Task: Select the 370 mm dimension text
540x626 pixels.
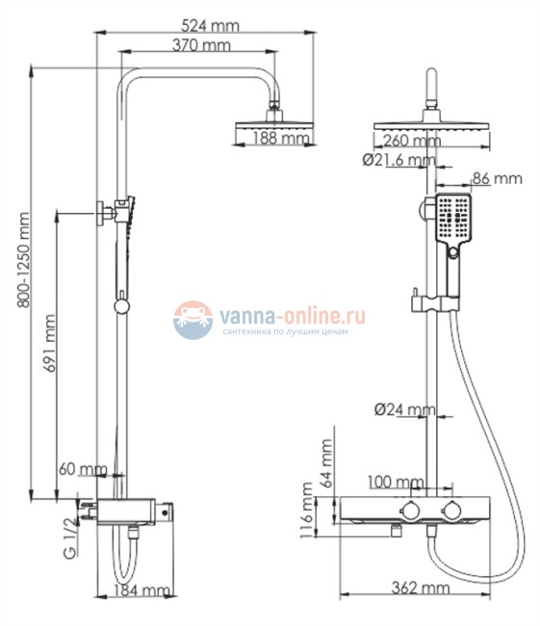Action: pyautogui.click(x=202, y=44)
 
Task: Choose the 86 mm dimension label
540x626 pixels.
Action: pyautogui.click(x=496, y=178)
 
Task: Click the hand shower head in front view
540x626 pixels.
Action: pyautogui.click(x=452, y=218)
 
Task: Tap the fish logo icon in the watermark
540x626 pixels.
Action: pyautogui.click(x=193, y=319)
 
